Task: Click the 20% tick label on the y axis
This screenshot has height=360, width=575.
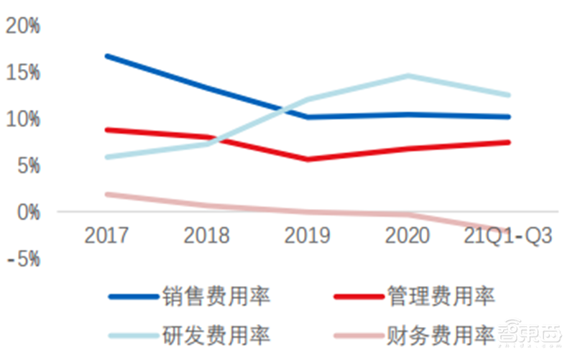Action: (23, 26)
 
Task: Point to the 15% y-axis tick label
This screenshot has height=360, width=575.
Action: (23, 73)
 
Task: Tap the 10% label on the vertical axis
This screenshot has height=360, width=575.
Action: (23, 119)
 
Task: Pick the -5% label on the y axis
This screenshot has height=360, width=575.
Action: (23, 259)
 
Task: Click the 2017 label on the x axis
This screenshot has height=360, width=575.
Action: (107, 235)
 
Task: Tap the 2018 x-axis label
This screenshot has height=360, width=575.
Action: (207, 235)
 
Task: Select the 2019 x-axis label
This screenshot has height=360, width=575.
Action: (308, 235)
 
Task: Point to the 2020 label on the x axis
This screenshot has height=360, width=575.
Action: (408, 235)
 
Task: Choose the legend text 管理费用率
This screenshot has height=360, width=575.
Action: (441, 295)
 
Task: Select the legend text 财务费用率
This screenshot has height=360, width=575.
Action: (441, 335)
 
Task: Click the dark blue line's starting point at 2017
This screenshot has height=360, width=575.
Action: (107, 55)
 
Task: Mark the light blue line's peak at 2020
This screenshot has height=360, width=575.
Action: (408, 75)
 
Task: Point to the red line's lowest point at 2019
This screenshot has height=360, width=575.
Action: (308, 159)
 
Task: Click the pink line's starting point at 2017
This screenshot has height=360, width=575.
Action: (107, 194)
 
